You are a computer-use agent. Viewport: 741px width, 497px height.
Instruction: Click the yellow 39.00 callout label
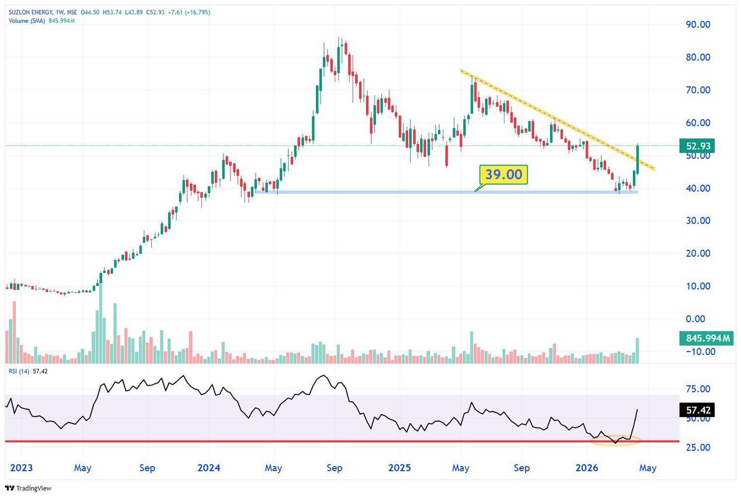503,175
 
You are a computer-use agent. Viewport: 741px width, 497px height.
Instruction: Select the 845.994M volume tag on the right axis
705,338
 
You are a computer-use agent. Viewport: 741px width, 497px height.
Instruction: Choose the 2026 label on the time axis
587,468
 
